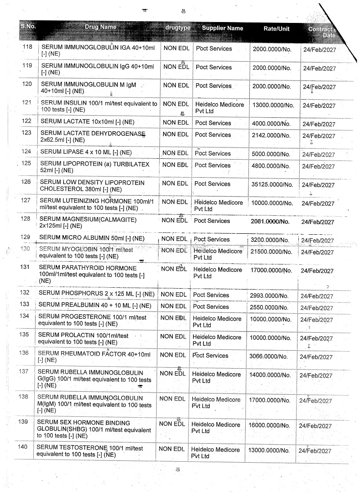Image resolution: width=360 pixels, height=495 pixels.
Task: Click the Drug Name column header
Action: point(100,27)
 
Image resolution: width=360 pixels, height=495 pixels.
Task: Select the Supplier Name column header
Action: point(222,28)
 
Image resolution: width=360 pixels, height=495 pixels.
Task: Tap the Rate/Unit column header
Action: point(276,29)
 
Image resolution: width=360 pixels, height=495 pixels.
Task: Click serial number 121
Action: point(27,103)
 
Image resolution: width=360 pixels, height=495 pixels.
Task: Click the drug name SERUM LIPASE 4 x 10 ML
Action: point(85,152)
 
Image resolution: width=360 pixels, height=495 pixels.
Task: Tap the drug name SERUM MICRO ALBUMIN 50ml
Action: point(92,238)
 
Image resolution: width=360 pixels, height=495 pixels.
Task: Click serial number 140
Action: point(22,447)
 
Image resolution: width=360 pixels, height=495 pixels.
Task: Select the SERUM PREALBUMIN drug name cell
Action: point(94,306)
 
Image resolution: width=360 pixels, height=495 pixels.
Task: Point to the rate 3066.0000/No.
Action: point(268,357)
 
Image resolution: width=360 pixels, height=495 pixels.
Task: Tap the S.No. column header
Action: point(28,26)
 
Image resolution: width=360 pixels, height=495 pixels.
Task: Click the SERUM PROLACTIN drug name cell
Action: point(83,339)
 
